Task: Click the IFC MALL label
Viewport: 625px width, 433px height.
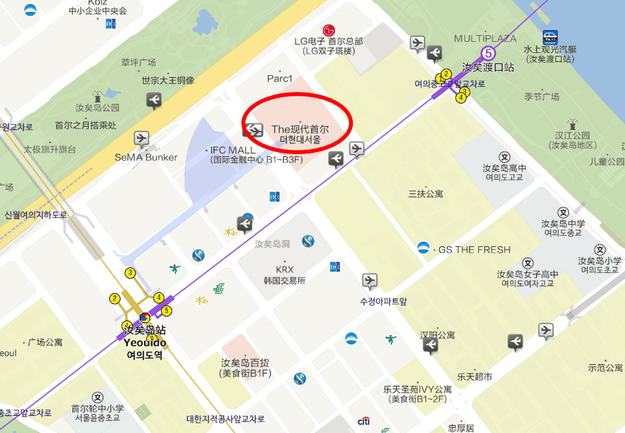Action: tap(232, 150)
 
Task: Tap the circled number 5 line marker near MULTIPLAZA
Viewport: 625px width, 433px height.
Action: tap(487, 53)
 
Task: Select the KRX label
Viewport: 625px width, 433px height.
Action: tap(284, 269)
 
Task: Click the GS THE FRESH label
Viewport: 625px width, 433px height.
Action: tap(474, 249)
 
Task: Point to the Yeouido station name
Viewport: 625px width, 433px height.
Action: tap(145, 343)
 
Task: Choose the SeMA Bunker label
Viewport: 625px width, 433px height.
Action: tap(145, 157)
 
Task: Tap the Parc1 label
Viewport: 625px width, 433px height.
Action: tap(280, 78)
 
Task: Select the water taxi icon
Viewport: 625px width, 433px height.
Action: tap(550, 37)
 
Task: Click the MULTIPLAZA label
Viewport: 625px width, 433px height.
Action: tap(485, 39)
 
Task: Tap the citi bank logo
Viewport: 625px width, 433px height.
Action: tap(364, 421)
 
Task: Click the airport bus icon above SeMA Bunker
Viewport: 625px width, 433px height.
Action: tap(141, 138)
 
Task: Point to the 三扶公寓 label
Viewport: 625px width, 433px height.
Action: tap(425, 193)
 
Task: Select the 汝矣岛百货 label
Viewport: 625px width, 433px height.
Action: tap(245, 362)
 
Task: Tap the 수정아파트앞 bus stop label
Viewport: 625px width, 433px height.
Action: tap(384, 302)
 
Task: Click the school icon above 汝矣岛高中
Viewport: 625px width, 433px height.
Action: tap(504, 157)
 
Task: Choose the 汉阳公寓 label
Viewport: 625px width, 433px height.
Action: tap(437, 334)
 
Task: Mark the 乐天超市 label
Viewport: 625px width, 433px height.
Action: tap(474, 376)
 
